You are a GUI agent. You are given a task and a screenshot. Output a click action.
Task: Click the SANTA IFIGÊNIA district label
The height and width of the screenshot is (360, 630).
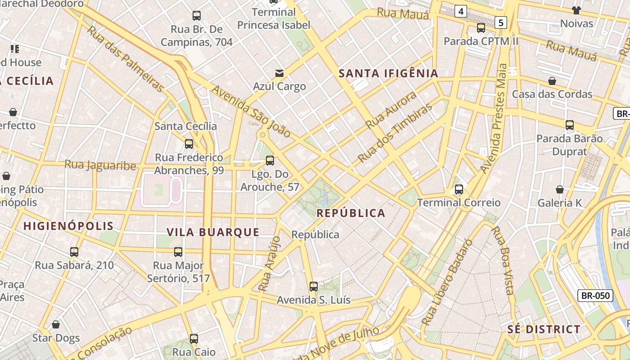(388, 73)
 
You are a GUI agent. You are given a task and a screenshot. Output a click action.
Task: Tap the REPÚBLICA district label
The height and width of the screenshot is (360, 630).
(351, 213)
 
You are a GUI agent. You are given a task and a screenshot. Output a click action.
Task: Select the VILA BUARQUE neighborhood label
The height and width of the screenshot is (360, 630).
(213, 232)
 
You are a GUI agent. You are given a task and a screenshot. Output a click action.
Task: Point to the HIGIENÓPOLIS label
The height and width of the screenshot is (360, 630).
(68, 226)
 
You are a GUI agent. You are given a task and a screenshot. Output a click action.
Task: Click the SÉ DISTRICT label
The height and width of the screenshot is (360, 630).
(544, 329)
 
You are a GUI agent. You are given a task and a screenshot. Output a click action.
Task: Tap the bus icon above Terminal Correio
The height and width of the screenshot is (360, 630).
(459, 189)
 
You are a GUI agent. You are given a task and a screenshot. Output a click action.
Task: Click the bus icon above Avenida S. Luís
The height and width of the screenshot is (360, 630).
(314, 286)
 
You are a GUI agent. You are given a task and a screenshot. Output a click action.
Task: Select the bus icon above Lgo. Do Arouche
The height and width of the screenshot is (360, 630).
(270, 160)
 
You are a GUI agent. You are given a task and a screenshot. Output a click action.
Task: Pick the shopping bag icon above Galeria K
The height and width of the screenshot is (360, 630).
(560, 189)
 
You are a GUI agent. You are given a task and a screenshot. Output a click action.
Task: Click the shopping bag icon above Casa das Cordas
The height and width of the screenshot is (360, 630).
(552, 81)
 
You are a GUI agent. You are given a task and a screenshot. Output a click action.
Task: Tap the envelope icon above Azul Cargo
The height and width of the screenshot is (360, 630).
(279, 73)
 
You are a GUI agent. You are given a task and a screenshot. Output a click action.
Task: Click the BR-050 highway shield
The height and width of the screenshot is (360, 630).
(595, 296)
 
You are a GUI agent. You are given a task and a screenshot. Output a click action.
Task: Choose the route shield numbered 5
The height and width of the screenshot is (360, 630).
(501, 22)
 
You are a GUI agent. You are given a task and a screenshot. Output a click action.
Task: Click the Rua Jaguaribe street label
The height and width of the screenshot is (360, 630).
(100, 165)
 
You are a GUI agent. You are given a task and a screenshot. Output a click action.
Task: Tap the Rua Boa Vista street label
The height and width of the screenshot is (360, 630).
(503, 260)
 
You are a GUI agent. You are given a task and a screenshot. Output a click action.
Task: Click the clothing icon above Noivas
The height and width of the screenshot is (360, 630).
(576, 10)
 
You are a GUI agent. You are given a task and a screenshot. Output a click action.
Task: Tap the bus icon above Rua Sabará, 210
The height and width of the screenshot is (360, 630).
(74, 252)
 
